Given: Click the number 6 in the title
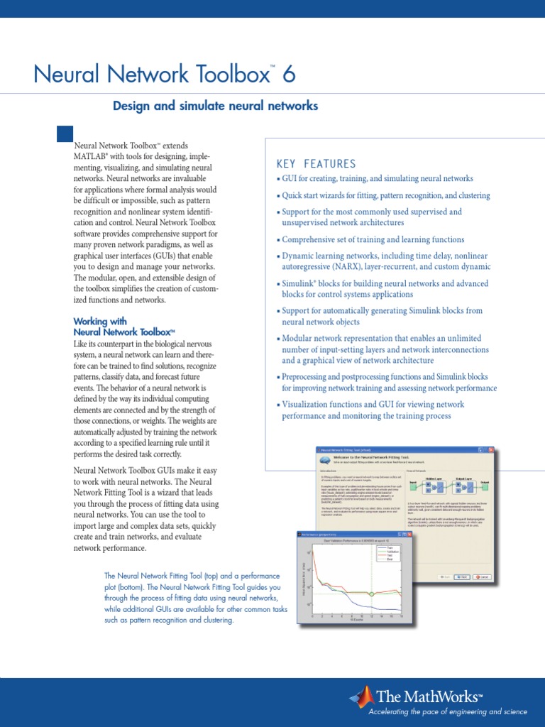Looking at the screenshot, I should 287,74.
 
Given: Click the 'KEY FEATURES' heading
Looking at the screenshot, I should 316,164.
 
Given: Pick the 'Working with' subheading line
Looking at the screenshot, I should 100,322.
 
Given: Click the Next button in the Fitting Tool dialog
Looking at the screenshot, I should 463,576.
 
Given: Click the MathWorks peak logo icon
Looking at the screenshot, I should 363,697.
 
